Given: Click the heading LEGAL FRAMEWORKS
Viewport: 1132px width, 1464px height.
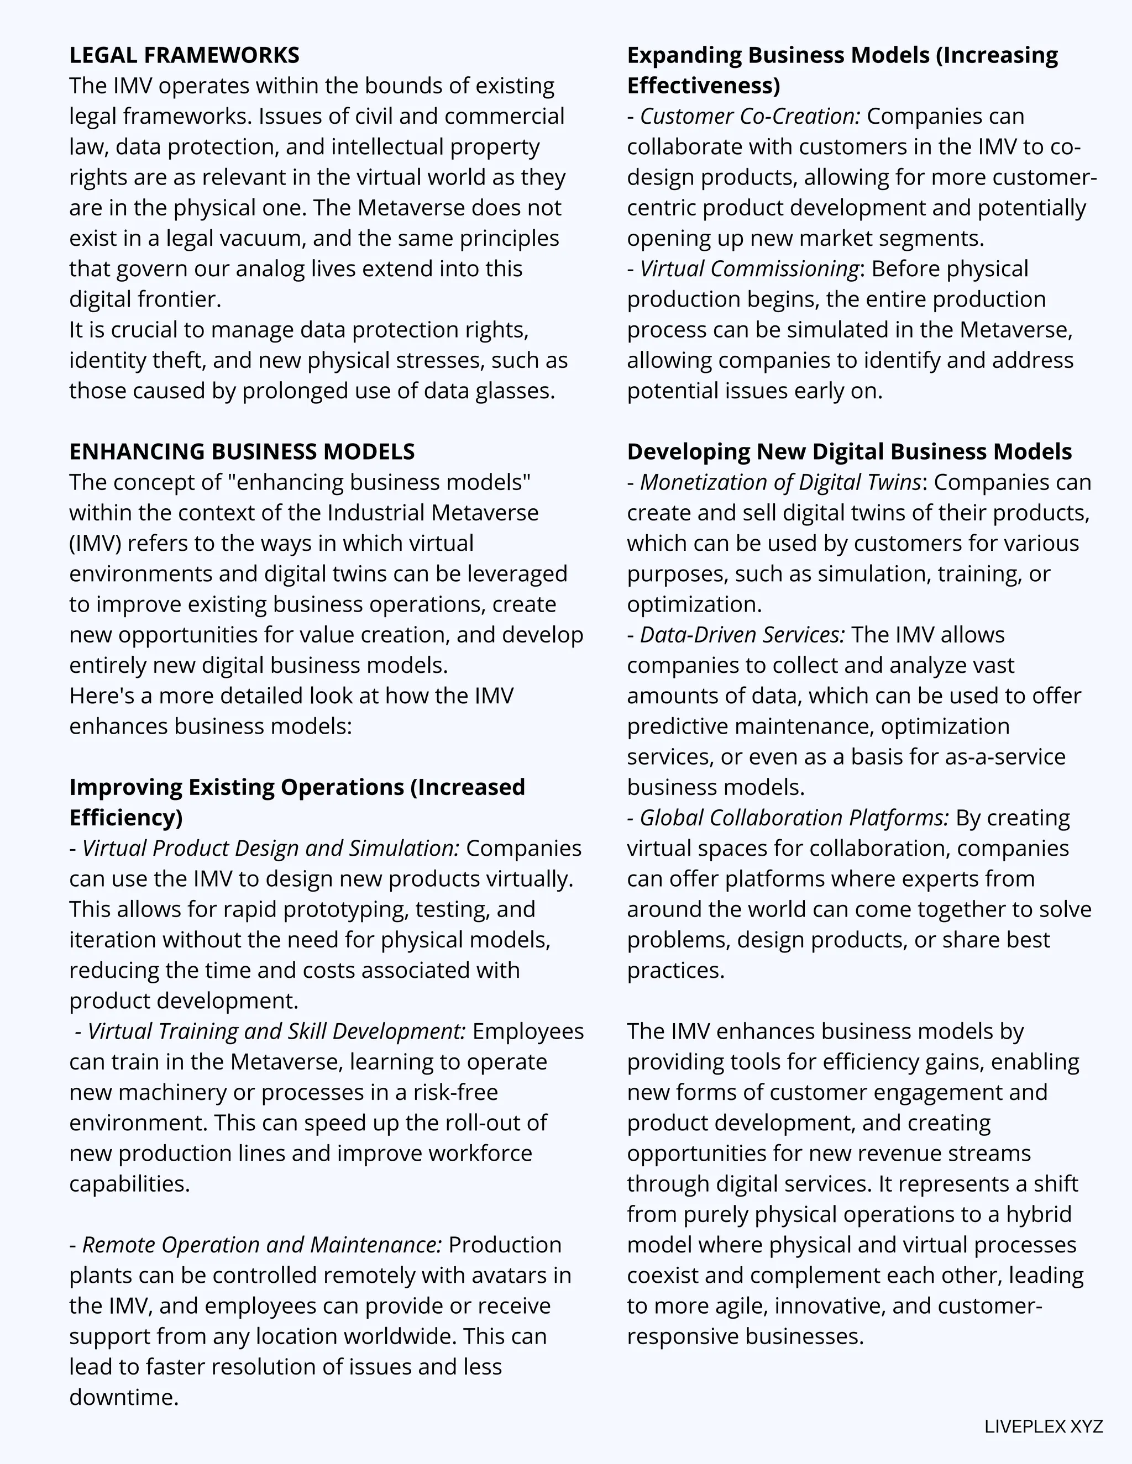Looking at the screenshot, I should click(x=185, y=55).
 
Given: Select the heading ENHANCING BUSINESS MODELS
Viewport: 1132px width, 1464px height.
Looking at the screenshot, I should click(x=242, y=451).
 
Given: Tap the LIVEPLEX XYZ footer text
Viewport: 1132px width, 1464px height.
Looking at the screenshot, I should click(x=1044, y=1426).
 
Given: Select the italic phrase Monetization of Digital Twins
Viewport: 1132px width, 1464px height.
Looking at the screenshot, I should click(x=780, y=482).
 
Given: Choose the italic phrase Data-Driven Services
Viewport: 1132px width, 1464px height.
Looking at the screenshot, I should click(x=742, y=634).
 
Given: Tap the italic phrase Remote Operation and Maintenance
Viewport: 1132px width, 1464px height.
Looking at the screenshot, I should click(x=261, y=1244).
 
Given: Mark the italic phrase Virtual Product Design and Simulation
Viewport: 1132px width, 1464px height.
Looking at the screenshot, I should click(x=270, y=848).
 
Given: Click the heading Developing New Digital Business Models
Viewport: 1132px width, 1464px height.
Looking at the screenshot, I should click(x=849, y=451).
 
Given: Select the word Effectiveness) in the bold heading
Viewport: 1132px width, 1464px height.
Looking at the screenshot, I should click(x=704, y=86).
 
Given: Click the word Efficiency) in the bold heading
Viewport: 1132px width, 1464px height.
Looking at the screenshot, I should click(x=126, y=817).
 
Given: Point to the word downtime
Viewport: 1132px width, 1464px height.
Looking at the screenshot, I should click(x=123, y=1397).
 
